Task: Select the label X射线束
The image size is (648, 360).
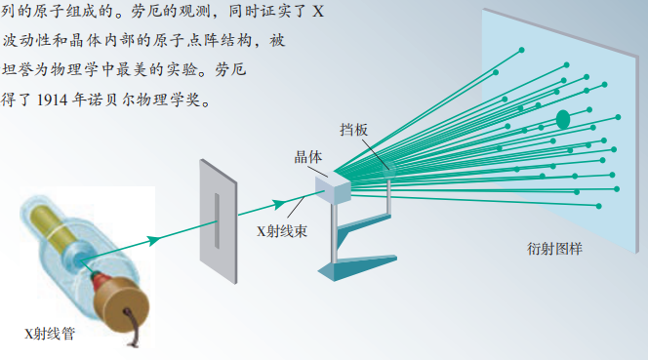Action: point(283,231)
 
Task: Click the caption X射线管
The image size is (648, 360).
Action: point(50,333)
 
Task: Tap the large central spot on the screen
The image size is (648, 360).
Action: point(563,119)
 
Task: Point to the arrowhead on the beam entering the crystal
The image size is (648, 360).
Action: point(280,203)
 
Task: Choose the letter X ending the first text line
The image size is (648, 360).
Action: point(318,13)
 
